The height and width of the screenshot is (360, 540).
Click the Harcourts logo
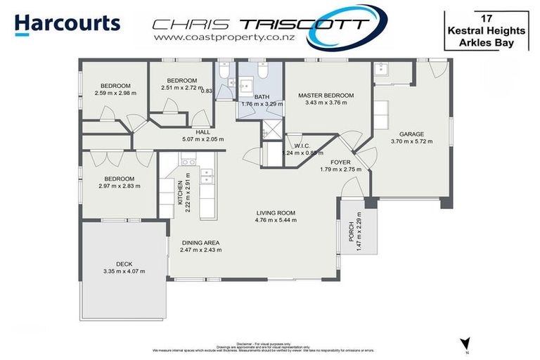click(x=67, y=23)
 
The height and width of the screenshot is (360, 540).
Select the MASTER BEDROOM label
click(x=326, y=96)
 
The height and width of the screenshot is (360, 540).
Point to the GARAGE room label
click(x=411, y=134)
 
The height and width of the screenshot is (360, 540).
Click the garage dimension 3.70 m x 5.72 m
click(x=411, y=141)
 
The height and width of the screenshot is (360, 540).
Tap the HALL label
click(x=203, y=131)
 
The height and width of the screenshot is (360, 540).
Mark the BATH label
click(x=262, y=96)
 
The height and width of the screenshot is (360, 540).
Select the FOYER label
click(x=340, y=161)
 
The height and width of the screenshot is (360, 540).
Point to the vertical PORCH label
click(x=352, y=233)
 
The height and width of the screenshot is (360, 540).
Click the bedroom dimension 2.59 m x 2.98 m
click(x=114, y=93)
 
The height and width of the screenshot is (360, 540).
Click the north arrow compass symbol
click(x=465, y=342)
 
